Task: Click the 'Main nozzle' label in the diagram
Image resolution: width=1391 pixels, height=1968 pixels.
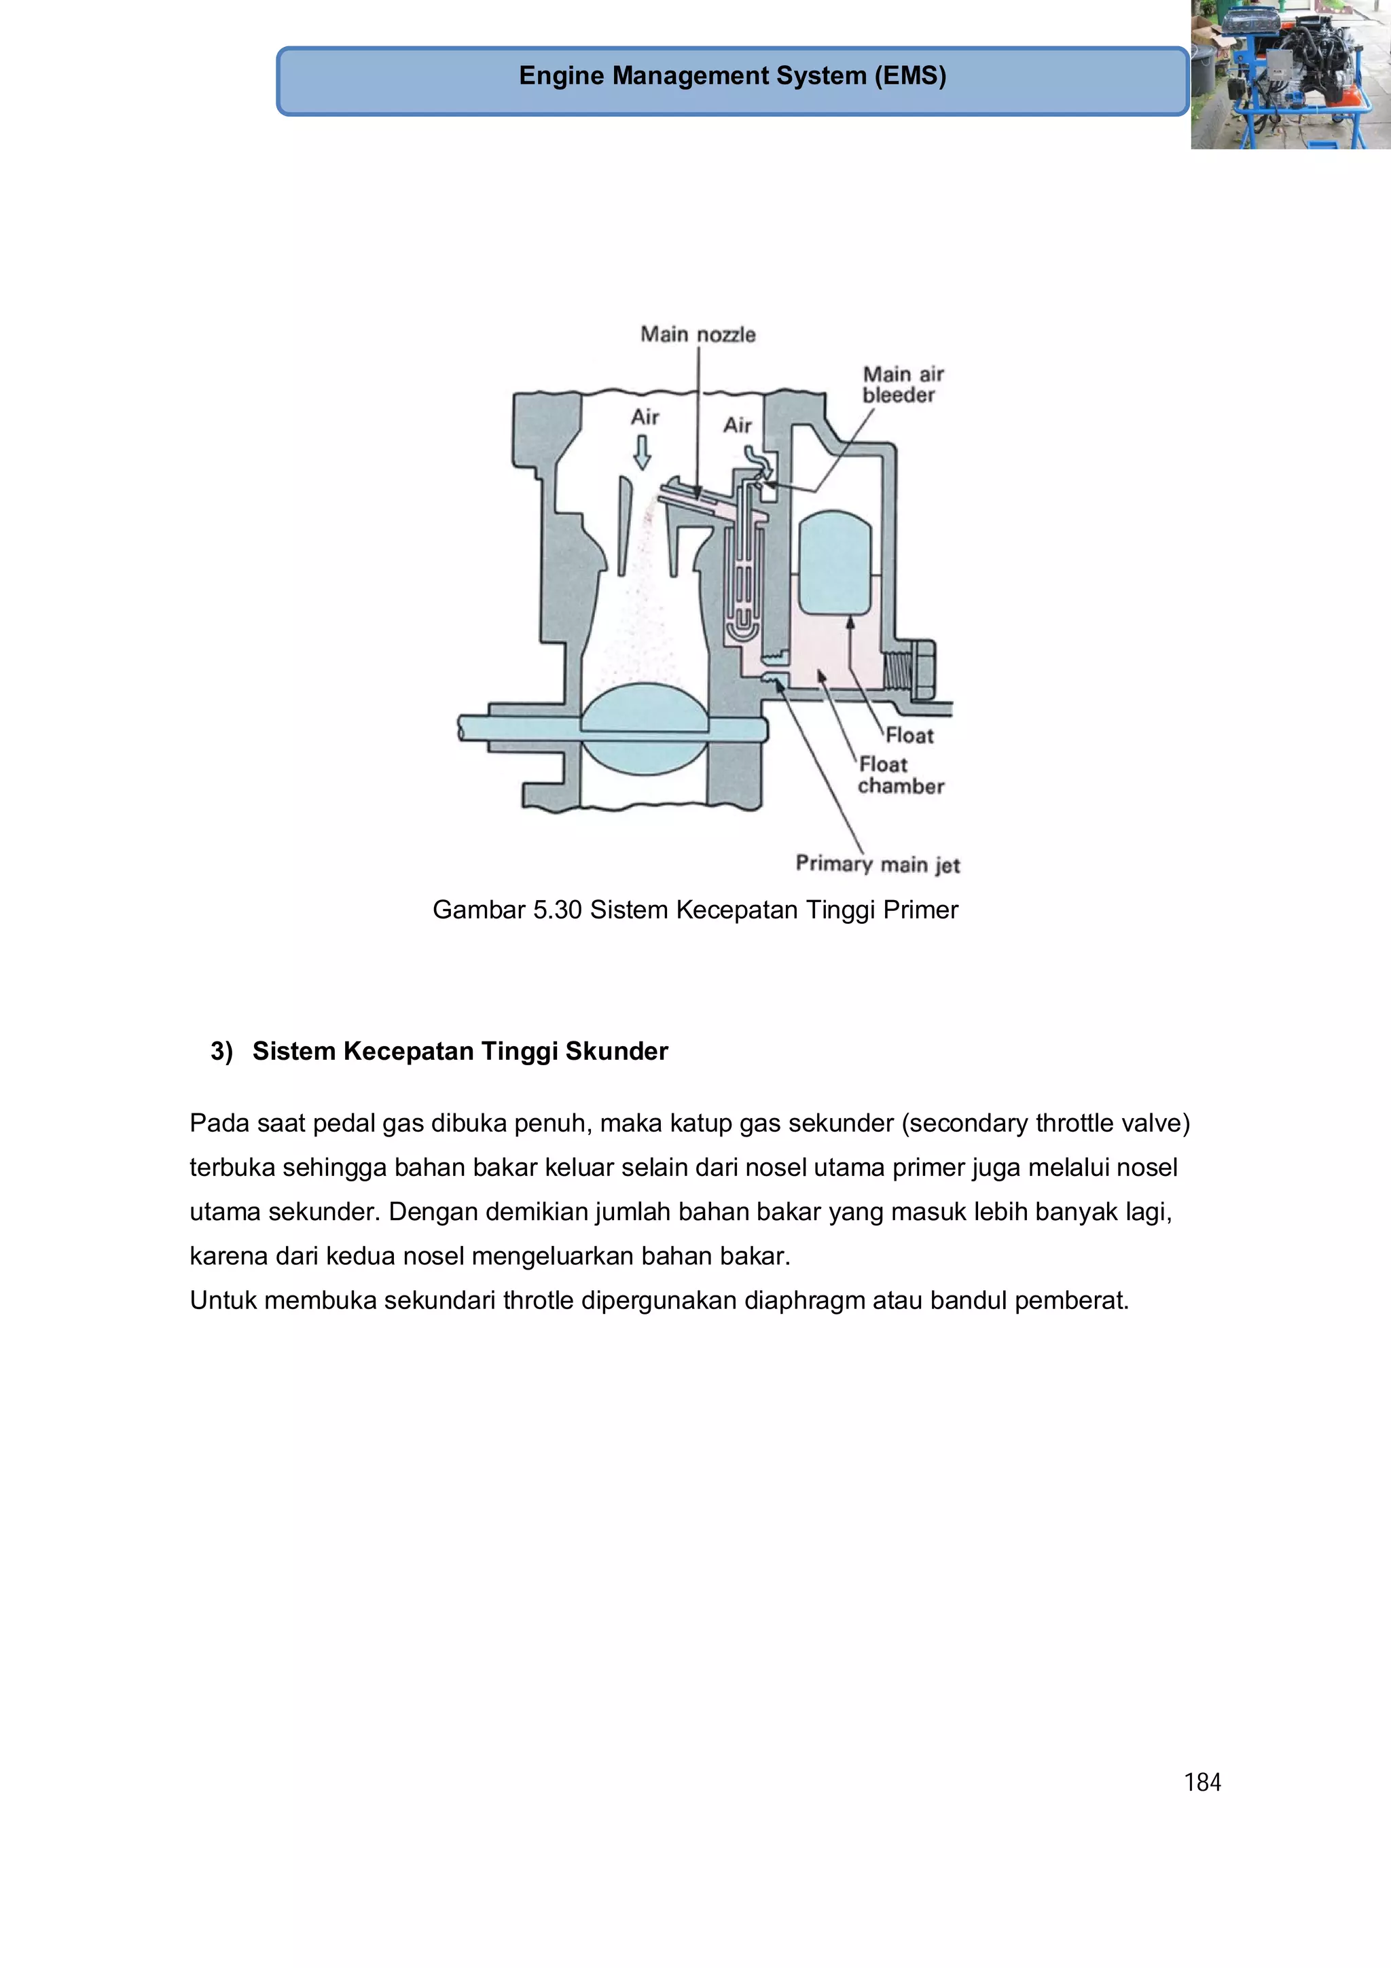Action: tap(698, 334)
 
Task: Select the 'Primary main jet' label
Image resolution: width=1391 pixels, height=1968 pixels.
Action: tap(878, 864)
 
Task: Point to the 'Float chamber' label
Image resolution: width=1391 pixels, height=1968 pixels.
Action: tap(900, 775)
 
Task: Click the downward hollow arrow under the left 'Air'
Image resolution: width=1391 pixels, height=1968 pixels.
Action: tap(642, 452)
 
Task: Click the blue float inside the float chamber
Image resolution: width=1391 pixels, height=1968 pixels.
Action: tap(834, 562)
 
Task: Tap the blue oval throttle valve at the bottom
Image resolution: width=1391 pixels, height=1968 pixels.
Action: tap(645, 730)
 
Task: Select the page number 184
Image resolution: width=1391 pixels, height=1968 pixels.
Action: tap(1202, 1782)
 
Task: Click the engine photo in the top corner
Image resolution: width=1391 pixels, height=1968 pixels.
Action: tap(1290, 75)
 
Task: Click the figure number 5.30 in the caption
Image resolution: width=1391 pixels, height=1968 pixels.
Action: tap(557, 910)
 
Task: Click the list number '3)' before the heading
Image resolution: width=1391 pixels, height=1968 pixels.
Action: tap(221, 1051)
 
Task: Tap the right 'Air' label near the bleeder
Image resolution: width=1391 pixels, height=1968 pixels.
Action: tap(737, 425)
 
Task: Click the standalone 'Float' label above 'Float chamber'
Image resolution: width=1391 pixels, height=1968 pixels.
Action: tap(909, 736)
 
